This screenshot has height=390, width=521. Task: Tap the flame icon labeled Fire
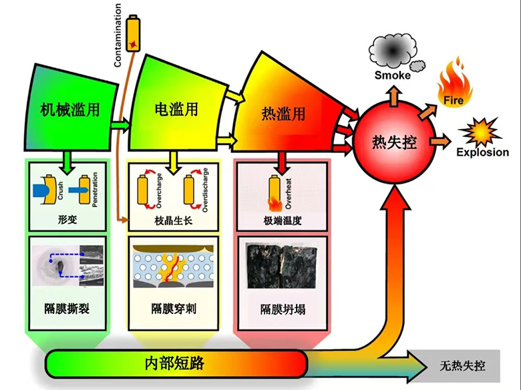[454, 81]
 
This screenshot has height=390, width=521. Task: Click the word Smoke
[392, 75]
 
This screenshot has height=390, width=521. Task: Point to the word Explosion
[482, 152]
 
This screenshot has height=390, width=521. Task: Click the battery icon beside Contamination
[136, 31]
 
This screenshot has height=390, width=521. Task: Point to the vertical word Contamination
[118, 35]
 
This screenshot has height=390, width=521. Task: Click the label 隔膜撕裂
[67, 310]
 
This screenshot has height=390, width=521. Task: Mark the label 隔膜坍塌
[283, 310]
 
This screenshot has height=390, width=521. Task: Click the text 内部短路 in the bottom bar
[174, 364]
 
